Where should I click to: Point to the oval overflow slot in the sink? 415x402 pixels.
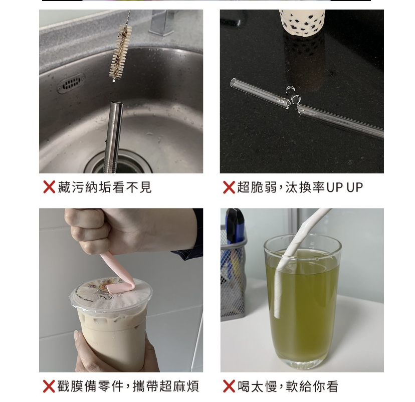71,83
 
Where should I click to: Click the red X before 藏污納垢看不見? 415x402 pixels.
49,187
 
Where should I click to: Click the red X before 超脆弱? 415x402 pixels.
229,187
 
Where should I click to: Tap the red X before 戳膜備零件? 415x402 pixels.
49,386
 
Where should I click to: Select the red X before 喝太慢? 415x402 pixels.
229,386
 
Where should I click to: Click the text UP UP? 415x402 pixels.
345,187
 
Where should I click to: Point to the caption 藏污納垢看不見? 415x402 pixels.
105,187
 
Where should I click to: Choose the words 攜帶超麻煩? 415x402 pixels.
166,386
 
